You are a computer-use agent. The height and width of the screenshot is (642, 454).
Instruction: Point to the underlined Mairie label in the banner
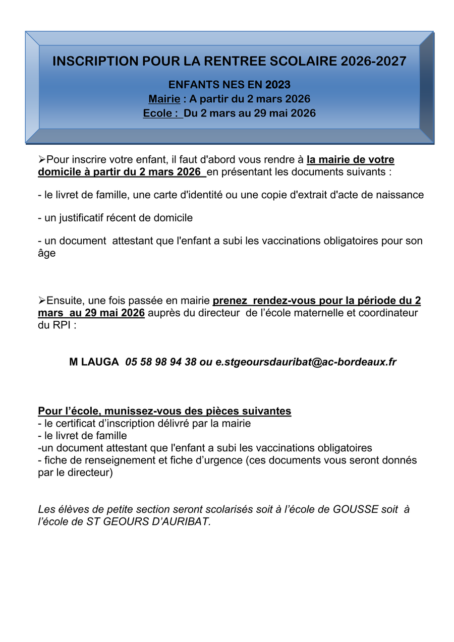pyautogui.click(x=164, y=99)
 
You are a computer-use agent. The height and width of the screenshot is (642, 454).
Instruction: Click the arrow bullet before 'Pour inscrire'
pyautogui.click(x=42, y=159)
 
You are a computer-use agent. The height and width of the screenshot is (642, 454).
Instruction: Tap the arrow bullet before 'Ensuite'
pyautogui.click(x=42, y=301)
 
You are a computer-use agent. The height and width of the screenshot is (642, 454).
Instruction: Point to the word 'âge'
pyautogui.click(x=46, y=254)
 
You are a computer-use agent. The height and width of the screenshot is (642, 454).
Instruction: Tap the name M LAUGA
pyautogui.click(x=94, y=362)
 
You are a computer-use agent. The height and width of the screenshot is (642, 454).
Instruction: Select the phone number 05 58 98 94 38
pyautogui.click(x=161, y=362)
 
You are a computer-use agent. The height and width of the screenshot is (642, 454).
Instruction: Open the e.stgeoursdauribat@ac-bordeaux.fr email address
pyautogui.click(x=306, y=362)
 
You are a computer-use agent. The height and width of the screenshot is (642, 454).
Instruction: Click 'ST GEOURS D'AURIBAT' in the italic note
pyautogui.click(x=147, y=521)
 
